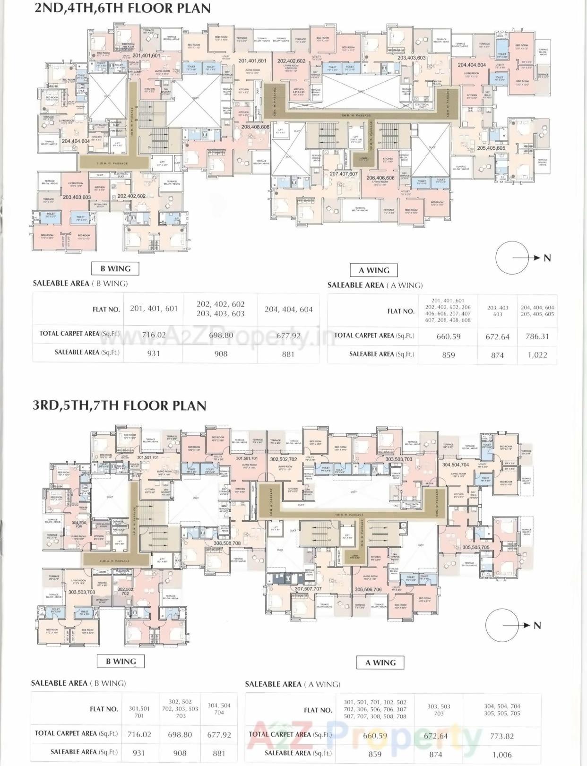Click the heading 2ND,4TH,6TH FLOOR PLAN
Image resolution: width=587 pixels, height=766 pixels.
[x=122, y=9]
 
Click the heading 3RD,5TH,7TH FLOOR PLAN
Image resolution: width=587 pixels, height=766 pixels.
[x=120, y=406]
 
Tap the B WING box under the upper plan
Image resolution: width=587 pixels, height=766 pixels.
[x=116, y=269]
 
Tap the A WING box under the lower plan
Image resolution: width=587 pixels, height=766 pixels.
[x=381, y=663]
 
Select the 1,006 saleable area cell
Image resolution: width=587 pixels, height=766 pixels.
[x=502, y=755]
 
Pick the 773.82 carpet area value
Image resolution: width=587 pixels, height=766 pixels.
[x=502, y=736]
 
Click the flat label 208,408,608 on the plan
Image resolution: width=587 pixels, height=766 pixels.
[x=255, y=127]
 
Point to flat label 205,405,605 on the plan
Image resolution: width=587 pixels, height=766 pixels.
[x=491, y=148]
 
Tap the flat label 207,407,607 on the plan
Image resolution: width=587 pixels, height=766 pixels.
[x=344, y=174]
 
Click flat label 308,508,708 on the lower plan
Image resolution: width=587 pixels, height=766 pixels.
[x=227, y=543]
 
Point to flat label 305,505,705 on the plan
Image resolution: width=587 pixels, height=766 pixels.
[x=476, y=547]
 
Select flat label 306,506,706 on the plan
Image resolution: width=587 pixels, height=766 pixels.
[x=368, y=589]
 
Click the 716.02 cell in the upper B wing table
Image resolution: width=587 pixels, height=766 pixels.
[x=154, y=335]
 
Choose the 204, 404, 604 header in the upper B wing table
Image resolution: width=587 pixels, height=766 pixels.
[x=288, y=309]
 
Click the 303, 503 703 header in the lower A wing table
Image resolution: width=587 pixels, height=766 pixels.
[x=439, y=710]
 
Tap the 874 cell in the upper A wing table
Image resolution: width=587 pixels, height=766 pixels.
[x=497, y=355]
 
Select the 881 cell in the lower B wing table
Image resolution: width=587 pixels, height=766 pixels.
[x=219, y=753]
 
